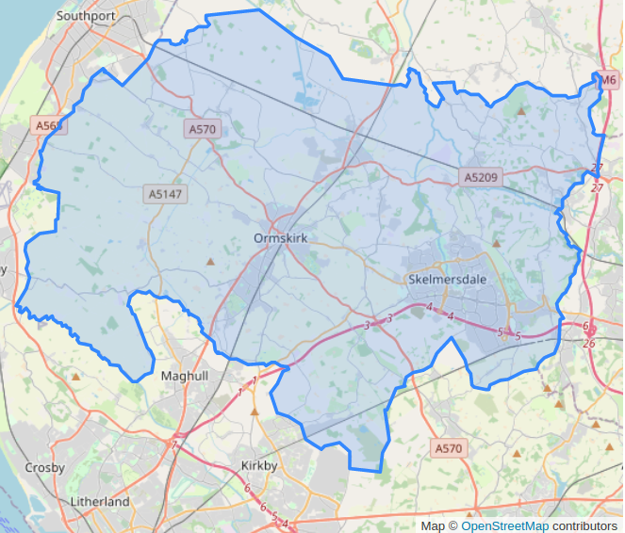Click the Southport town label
click(x=86, y=15)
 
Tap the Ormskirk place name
click(x=281, y=238)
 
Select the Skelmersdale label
click(x=448, y=280)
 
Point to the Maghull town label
click(x=184, y=375)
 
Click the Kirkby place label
click(x=258, y=466)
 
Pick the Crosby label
click(x=44, y=468)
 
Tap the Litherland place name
click(x=99, y=502)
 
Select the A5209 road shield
click(x=481, y=176)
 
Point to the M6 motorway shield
click(x=609, y=80)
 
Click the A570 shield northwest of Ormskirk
click(x=203, y=129)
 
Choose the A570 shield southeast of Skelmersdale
click(x=449, y=448)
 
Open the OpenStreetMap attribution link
click(x=504, y=525)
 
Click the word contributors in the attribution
click(x=584, y=525)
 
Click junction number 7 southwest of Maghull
click(x=174, y=443)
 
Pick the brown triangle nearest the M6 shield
click(x=520, y=111)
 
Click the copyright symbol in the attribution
click(x=452, y=525)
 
